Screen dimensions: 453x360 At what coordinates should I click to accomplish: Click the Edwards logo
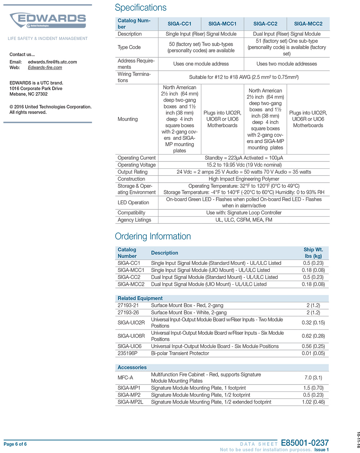[x=48, y=20]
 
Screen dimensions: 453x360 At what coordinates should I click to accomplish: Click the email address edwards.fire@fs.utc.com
[x=52, y=62]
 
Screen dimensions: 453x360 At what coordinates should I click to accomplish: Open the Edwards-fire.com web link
[x=45, y=67]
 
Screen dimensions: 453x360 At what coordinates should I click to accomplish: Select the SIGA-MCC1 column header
[x=222, y=24]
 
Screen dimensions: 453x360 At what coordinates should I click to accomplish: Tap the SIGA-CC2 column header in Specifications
[x=265, y=24]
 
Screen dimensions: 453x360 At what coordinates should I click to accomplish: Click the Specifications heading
[x=140, y=8]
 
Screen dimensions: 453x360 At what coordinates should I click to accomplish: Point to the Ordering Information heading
[x=153, y=236]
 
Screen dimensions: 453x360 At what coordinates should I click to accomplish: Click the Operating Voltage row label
[x=136, y=165]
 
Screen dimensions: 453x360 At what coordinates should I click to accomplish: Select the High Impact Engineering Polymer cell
[x=244, y=179]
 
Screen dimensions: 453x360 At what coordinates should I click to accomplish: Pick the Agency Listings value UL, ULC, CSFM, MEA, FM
[x=244, y=220]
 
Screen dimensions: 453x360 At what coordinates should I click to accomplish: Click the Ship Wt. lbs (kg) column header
[x=313, y=253]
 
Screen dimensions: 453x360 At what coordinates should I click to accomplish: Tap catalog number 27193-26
[x=128, y=312]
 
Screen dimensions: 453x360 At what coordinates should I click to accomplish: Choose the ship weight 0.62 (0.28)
[x=313, y=336]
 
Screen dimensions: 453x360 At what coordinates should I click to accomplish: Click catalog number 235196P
[x=127, y=353]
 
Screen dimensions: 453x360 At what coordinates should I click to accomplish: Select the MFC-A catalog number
[x=125, y=378]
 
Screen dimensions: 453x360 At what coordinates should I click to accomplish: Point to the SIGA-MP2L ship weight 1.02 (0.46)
[x=313, y=402]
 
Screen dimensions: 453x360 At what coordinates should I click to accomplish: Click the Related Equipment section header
[x=140, y=298]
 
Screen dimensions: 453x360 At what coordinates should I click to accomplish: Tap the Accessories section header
[x=132, y=368]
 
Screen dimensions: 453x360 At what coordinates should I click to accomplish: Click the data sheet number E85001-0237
[x=305, y=443]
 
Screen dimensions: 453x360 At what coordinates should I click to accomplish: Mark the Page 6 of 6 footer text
[x=15, y=444]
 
